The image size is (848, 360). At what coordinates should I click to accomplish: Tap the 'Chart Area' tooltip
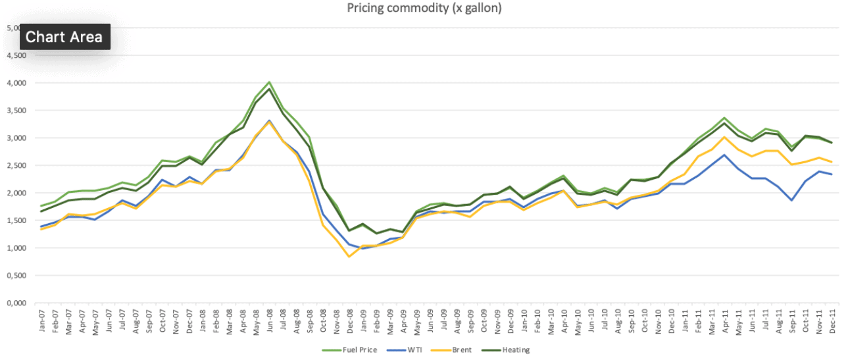(x=64, y=37)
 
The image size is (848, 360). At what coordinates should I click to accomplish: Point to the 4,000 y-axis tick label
(x=15, y=83)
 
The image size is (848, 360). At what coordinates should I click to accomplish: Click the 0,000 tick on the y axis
(x=15, y=303)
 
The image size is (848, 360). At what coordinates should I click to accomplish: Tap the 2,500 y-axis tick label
(x=15, y=166)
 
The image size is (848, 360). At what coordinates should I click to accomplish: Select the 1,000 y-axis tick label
(x=15, y=249)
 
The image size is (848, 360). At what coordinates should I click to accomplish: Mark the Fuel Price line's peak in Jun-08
(x=269, y=82)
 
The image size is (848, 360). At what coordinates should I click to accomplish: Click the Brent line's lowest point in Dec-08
(x=349, y=257)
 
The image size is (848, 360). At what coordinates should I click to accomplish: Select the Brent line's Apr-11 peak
(x=724, y=137)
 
